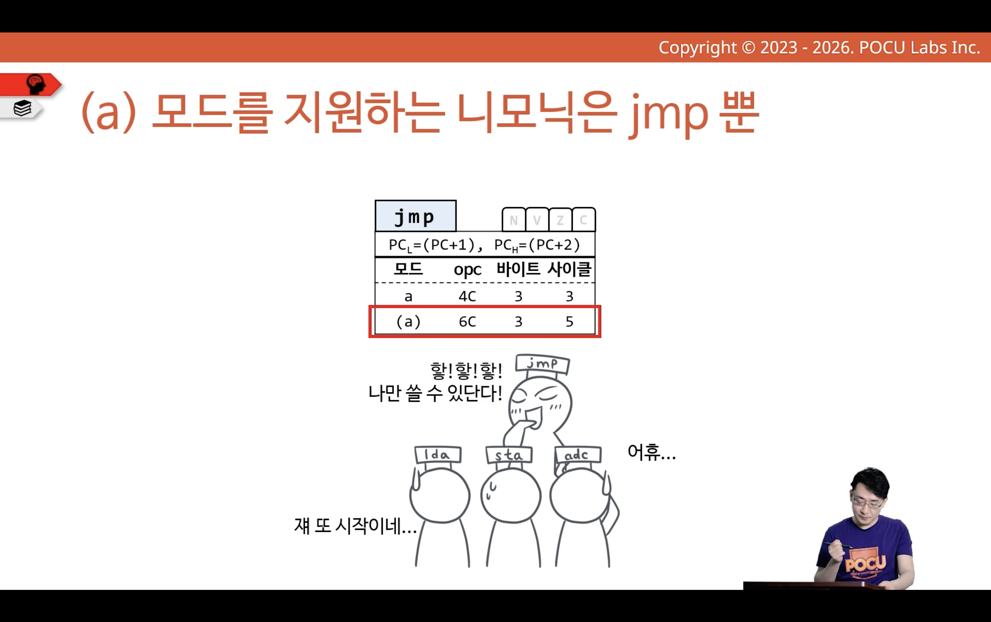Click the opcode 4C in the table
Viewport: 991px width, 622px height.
tap(467, 296)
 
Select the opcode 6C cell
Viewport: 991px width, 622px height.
tap(467, 321)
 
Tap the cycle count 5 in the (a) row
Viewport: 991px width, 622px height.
tap(569, 321)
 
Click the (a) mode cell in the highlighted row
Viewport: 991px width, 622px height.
tap(408, 321)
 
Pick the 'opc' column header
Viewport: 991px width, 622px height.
tap(467, 270)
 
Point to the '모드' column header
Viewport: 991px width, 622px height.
tap(408, 269)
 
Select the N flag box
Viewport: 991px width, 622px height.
tap(514, 220)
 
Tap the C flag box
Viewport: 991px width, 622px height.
tap(583, 220)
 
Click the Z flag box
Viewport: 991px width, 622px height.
tap(560, 220)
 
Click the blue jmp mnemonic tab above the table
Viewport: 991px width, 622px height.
tap(416, 216)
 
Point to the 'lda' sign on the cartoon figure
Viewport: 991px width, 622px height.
tap(438, 455)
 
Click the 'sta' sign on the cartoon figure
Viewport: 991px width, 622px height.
tap(509, 455)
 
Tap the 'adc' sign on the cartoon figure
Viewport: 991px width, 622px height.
tap(578, 455)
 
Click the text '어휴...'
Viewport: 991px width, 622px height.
tap(651, 452)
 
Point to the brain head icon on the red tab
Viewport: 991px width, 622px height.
tap(36, 84)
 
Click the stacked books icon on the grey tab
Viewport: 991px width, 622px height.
tap(22, 108)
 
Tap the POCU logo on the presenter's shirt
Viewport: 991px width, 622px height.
tap(865, 563)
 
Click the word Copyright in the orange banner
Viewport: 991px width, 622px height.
tap(698, 48)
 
